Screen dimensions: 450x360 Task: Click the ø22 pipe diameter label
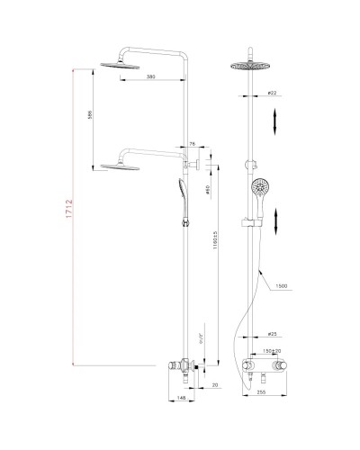(x=271, y=94)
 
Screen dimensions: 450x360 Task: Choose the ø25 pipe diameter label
(x=271, y=332)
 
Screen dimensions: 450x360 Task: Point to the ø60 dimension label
(x=207, y=190)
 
